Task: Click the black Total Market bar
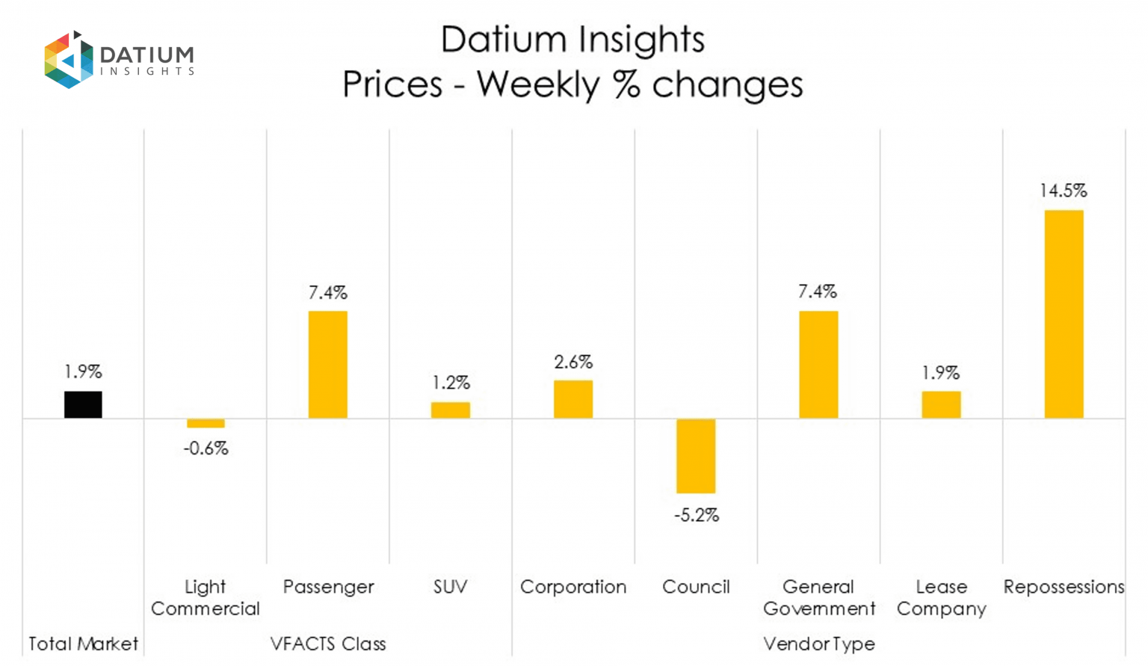83,404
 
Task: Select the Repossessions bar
1064,314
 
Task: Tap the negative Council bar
696,456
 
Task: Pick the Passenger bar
328,364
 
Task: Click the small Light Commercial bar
206,423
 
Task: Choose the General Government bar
818,364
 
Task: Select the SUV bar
451,410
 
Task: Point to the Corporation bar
573,399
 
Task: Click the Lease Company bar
941,404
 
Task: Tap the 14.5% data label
1063,191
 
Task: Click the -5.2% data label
696,515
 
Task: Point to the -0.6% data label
206,448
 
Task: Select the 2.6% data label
573,363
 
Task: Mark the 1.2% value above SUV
451,383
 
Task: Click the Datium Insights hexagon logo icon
68,60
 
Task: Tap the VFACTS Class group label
328,644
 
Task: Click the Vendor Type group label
818,644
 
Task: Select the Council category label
696,587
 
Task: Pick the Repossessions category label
1064,587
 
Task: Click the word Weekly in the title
538,84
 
